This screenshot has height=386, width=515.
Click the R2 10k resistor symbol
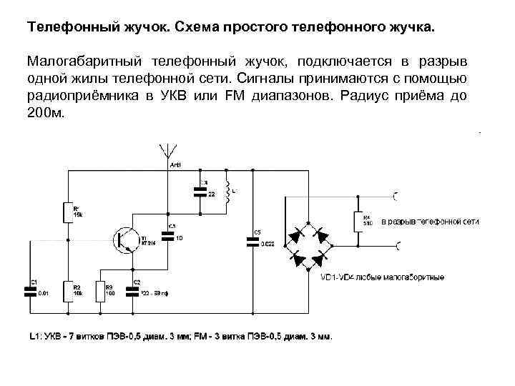click(x=68, y=290)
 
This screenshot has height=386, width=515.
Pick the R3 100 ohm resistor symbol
click(x=100, y=290)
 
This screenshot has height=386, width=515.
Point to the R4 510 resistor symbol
click(x=357, y=222)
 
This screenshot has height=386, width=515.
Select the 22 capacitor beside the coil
click(x=200, y=191)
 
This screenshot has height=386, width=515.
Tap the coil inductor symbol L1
click(x=227, y=192)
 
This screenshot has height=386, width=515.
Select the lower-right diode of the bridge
click(x=322, y=255)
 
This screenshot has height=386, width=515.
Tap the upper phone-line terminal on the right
click(x=396, y=194)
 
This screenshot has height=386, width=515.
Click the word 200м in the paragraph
click(x=45, y=112)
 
